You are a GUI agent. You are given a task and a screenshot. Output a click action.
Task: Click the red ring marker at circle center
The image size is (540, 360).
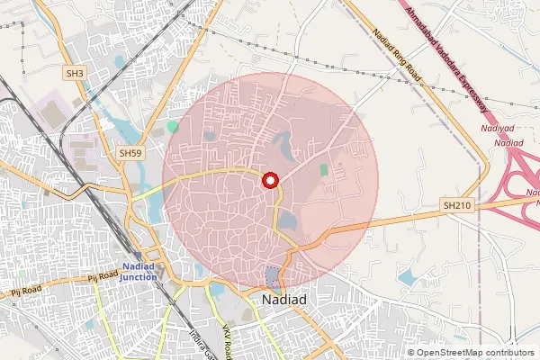[269, 180]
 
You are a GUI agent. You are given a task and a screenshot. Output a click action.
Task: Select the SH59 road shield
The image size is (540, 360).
[130, 154]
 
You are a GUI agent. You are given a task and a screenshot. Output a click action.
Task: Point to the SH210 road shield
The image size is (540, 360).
[456, 205]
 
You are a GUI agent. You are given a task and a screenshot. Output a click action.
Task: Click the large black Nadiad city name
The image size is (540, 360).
[285, 299]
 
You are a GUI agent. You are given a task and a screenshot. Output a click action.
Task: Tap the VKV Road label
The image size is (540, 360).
[228, 337]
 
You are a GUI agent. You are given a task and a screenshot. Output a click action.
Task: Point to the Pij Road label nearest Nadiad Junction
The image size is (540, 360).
[105, 278]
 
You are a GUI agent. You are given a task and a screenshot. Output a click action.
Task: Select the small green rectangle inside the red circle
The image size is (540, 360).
[324, 169]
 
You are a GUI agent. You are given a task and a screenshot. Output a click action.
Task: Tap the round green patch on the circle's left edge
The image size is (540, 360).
[172, 127]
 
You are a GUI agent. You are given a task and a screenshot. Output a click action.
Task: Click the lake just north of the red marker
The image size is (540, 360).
[283, 142]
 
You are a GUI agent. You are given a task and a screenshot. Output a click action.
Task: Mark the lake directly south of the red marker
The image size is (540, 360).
[286, 220]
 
